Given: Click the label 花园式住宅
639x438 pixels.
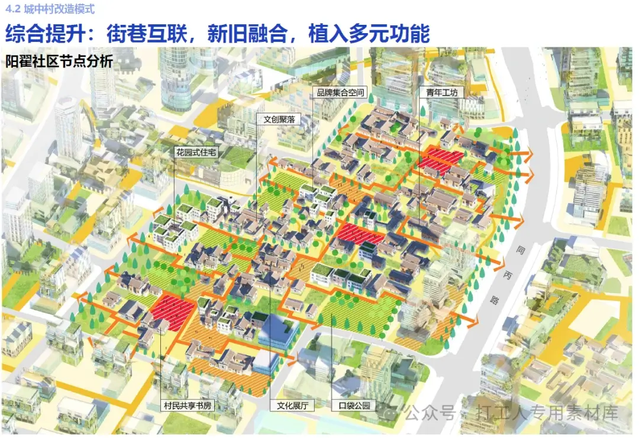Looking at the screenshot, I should coord(196,152).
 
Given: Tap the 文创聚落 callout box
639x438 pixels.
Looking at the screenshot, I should coord(279,119).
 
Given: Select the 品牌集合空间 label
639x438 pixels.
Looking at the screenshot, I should coord(340,93).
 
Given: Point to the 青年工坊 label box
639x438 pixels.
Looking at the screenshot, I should coord(438,93).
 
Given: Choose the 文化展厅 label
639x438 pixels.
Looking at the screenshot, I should coord(292,406).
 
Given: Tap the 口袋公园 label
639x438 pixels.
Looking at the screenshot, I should coord(354,406).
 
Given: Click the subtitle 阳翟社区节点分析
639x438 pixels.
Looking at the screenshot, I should coord(59,61).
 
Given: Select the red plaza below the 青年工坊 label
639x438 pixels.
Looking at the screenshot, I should coord(441,159).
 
